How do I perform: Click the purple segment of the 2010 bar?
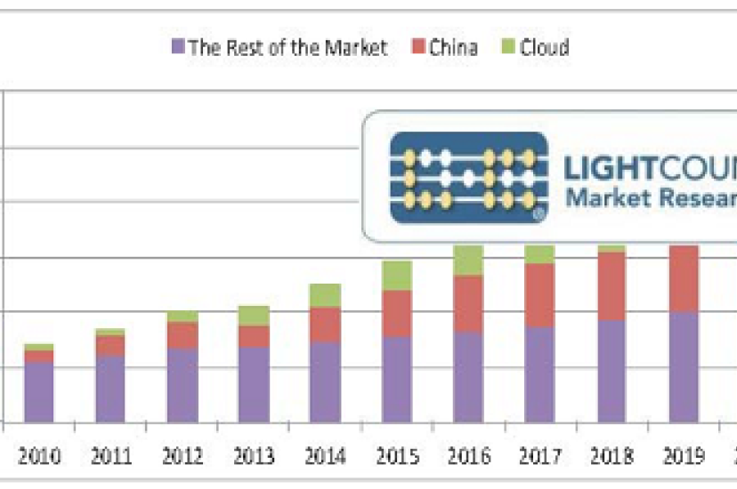pyautogui.click(x=38, y=391)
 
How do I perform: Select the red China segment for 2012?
pyautogui.click(x=182, y=334)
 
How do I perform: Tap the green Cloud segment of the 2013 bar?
pyautogui.click(x=254, y=315)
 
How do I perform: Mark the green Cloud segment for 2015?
pyautogui.click(x=396, y=276)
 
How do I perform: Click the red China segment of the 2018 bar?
pyautogui.click(x=611, y=285)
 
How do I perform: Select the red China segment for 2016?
pyautogui.click(x=468, y=303)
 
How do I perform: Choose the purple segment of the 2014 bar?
pyautogui.click(x=325, y=381)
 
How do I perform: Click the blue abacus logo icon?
pyautogui.click(x=468, y=177)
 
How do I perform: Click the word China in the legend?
pyautogui.click(x=453, y=46)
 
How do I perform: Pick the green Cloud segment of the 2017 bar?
pyautogui.click(x=539, y=254)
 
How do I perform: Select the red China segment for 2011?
pyautogui.click(x=110, y=345)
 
